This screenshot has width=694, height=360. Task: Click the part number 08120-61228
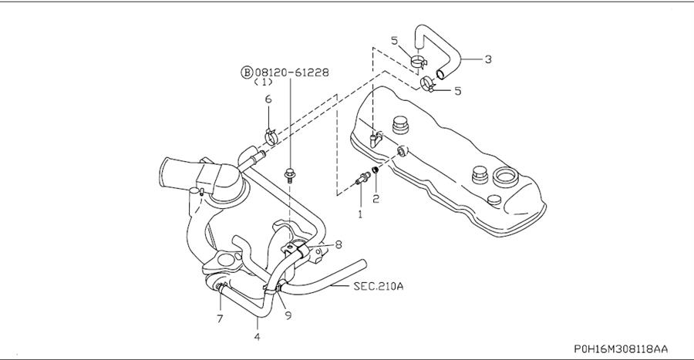tap(291, 72)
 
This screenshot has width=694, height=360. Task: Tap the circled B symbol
tap(247, 72)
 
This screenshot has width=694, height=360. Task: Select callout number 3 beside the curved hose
tap(488, 59)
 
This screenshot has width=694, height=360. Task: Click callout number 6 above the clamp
tap(268, 99)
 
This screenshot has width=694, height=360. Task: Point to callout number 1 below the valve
tap(360, 214)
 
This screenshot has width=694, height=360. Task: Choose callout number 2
tap(376, 199)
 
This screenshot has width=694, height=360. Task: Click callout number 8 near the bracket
tap(339, 244)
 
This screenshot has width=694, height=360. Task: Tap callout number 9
tap(288, 316)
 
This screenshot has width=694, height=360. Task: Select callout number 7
tap(220, 318)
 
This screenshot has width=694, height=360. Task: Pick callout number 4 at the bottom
tap(257, 337)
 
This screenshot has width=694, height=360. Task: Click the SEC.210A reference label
tap(379, 286)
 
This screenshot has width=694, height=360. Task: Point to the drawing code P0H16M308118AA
tap(621, 349)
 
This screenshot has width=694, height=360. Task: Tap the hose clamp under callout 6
tap(271, 136)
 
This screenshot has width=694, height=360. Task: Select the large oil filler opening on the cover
tap(504, 176)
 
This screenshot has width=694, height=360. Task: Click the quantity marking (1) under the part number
tap(263, 82)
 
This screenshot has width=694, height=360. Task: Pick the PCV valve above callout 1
tap(362, 178)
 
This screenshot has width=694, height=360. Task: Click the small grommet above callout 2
tap(376, 170)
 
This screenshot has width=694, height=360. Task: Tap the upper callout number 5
tap(394, 41)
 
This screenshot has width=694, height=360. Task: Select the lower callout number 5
tap(457, 91)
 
